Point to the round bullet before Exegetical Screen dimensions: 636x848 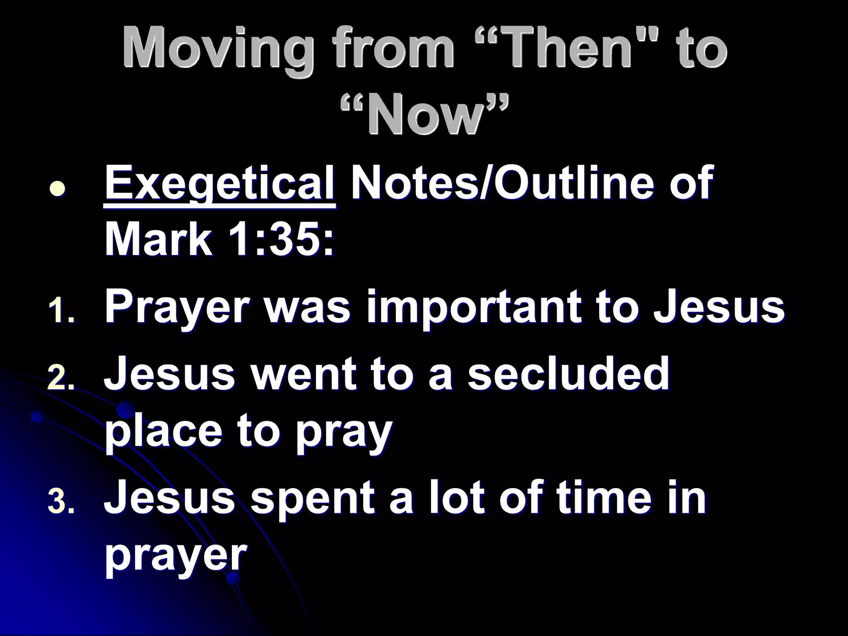(57, 188)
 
